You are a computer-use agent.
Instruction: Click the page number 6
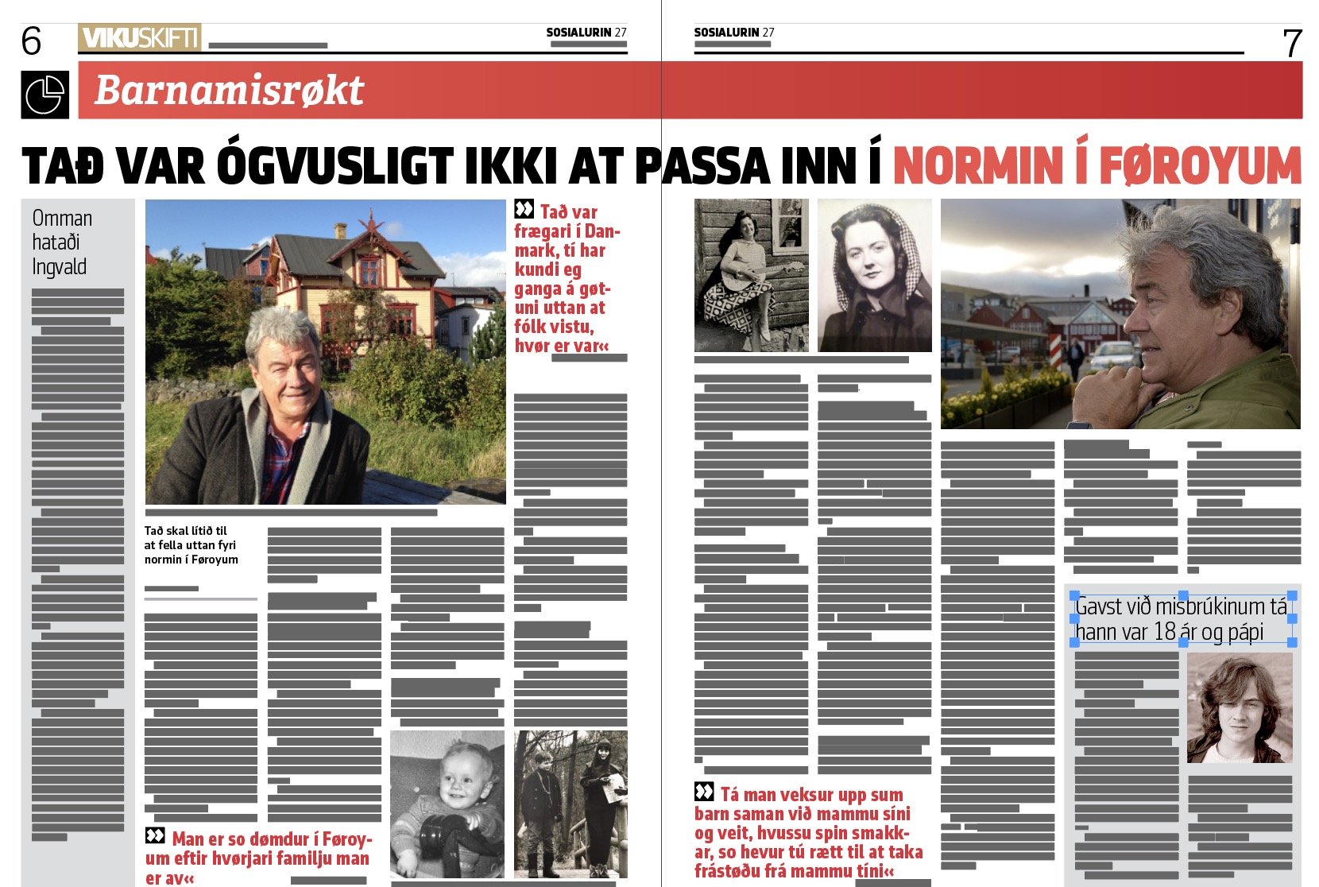(x=31, y=41)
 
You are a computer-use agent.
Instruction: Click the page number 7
(x=1292, y=44)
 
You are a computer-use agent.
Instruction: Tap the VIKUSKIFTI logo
(x=139, y=37)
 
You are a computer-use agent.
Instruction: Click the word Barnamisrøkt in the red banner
(x=229, y=90)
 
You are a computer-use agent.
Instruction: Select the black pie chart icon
(x=45, y=95)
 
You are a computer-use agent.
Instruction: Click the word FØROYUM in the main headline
(x=1200, y=166)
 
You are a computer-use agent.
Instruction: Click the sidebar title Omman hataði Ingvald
(x=62, y=242)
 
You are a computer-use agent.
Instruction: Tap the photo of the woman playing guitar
(x=751, y=275)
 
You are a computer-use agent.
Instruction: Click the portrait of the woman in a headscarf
(x=874, y=275)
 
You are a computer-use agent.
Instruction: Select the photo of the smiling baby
(x=447, y=804)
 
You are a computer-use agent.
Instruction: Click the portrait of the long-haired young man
(x=1240, y=709)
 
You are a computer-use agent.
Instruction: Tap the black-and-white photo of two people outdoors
(x=571, y=804)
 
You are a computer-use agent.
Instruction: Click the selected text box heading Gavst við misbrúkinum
(x=1182, y=619)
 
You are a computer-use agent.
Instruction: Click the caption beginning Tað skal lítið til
(x=191, y=545)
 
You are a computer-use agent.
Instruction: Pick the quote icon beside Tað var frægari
(x=524, y=210)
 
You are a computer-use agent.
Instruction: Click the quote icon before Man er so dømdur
(x=155, y=836)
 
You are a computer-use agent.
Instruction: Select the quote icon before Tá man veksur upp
(x=704, y=792)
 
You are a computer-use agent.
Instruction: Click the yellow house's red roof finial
(x=370, y=220)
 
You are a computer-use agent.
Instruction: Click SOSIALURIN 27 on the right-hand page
(x=733, y=33)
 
